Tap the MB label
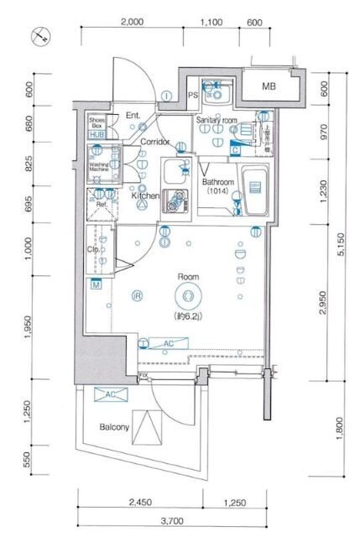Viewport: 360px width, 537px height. click(268, 86)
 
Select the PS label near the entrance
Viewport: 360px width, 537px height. click(192, 96)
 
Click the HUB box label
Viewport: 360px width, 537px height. click(97, 135)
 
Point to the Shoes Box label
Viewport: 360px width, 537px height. click(97, 123)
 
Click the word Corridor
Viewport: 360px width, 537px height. click(155, 143)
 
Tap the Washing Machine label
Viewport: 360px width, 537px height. click(100, 167)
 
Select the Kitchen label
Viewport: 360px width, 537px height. click(144, 196)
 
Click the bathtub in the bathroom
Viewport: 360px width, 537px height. click(253, 192)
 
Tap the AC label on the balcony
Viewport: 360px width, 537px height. click(108, 394)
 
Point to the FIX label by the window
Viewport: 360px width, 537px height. click(143, 375)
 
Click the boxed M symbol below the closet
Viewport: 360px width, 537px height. click(97, 285)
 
